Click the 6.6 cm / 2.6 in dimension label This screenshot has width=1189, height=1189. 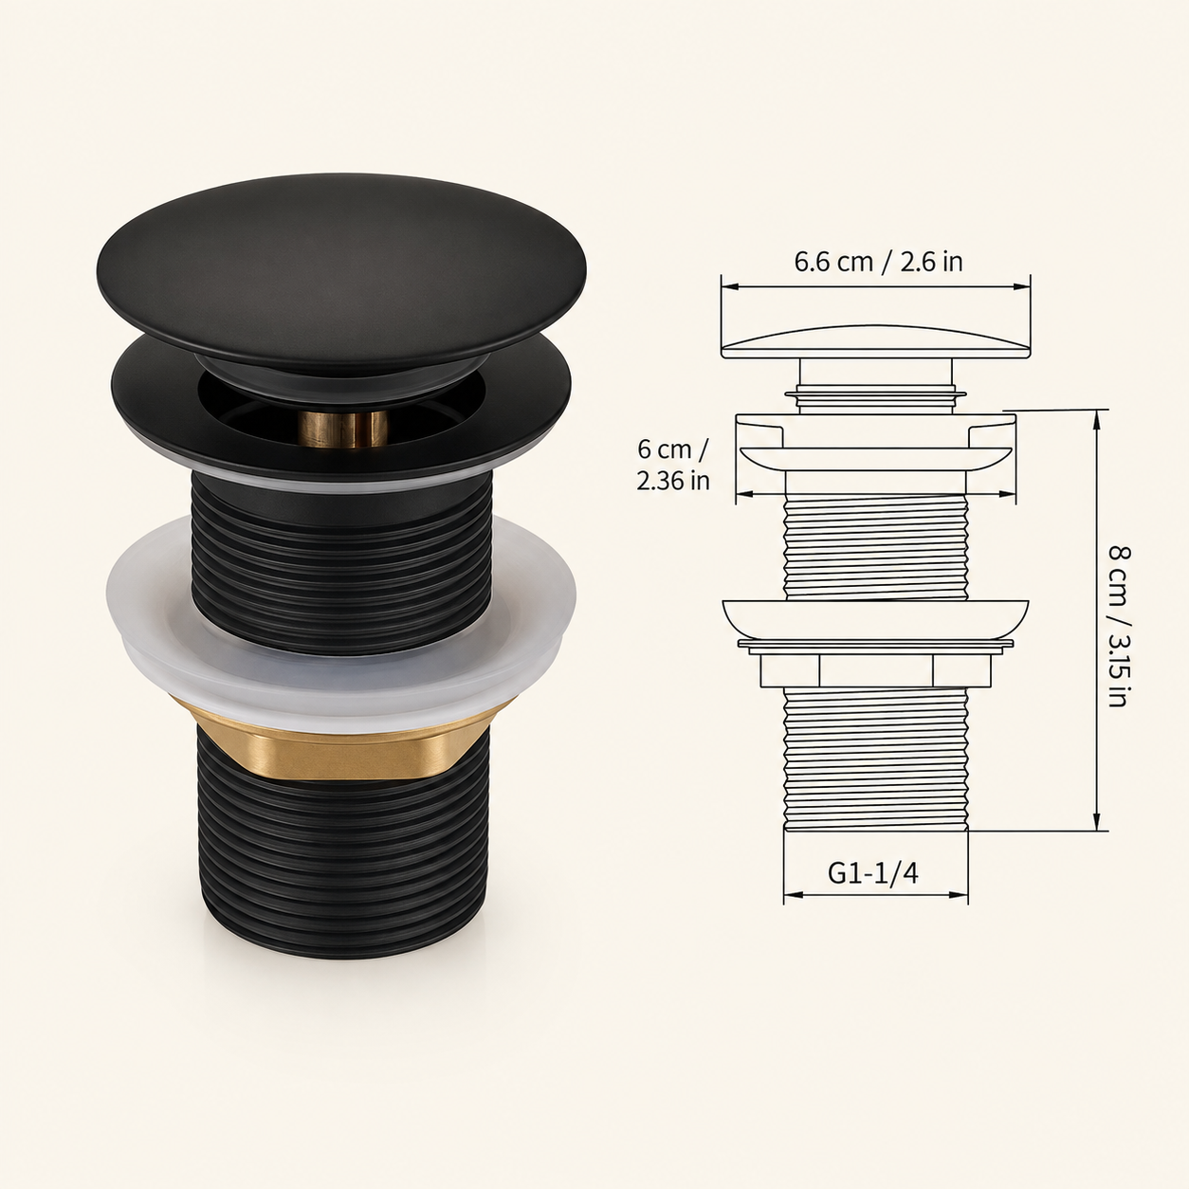(877, 263)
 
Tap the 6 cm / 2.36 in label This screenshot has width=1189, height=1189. (672, 465)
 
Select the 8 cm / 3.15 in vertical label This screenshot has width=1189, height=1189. (1118, 627)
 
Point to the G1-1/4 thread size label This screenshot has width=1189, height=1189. (873, 873)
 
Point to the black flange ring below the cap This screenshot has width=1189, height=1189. (341, 413)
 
